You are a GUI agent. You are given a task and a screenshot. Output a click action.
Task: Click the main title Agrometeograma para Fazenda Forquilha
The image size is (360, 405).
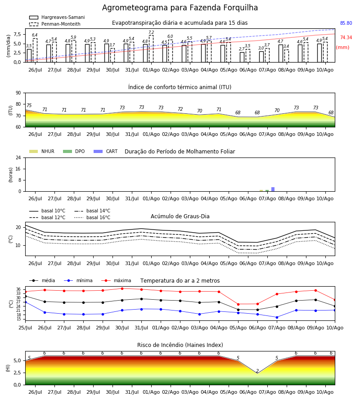[180, 8]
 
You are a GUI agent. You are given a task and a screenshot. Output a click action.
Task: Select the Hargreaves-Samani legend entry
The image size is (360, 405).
[57, 17]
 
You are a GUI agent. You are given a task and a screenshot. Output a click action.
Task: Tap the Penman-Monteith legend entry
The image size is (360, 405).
[55, 24]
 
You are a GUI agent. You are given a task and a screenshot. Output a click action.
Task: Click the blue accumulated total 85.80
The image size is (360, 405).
[346, 23]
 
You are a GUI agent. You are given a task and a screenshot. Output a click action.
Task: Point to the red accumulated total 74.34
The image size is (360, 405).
[346, 37]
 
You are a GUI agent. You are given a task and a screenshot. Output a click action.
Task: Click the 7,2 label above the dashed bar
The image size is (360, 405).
[151, 32]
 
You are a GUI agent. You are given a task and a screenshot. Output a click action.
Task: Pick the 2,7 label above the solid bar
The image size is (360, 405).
[242, 49]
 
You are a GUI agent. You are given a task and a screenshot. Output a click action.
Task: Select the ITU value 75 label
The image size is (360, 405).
[29, 105]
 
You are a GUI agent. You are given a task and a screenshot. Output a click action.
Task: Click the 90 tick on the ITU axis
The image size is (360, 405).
[18, 93]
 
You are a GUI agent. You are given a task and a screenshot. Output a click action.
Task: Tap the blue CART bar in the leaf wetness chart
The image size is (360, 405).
[273, 189]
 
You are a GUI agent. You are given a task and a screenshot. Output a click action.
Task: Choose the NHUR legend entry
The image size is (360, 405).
[42, 151]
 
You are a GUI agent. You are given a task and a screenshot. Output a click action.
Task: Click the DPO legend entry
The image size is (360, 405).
[74, 151]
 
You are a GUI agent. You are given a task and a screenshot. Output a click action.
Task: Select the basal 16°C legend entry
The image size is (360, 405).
[92, 217]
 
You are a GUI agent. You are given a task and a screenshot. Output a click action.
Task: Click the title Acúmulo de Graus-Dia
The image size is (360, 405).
[180, 216]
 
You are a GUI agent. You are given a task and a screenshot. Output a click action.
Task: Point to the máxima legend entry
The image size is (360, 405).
[116, 280]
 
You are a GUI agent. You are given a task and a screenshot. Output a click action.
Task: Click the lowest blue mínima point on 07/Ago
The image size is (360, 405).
[277, 317]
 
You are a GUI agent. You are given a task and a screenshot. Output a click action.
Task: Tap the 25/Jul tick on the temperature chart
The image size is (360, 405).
[25, 328]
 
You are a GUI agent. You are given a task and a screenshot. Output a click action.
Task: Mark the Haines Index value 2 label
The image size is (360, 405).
[257, 371]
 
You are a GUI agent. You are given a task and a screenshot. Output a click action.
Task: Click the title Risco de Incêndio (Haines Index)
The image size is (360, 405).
[180, 345]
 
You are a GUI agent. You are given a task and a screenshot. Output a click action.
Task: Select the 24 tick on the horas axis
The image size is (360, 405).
[18, 157]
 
